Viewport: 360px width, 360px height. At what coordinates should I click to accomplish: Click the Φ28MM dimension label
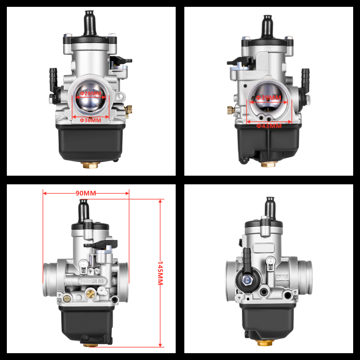pyautogui.click(x=90, y=94)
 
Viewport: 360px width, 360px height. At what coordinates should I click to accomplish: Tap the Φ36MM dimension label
pyautogui.click(x=90, y=120)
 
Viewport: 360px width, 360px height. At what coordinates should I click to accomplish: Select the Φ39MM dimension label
pyautogui.click(x=269, y=98)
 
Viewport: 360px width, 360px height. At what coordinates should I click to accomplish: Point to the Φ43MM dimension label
pyautogui.click(x=269, y=126)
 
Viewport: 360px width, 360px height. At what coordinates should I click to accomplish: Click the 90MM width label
pyautogui.click(x=86, y=193)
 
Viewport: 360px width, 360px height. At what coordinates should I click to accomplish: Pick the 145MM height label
pyautogui.click(x=160, y=273)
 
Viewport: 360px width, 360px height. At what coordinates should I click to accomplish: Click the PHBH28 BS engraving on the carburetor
pyautogui.click(x=91, y=281)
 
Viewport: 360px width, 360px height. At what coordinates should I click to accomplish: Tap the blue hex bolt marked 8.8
pyautogui.click(x=247, y=279)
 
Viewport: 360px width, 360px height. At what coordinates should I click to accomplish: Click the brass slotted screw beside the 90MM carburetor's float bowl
pyautogui.click(x=67, y=298)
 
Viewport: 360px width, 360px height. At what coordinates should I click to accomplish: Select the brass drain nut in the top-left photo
pyautogui.click(x=90, y=165)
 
